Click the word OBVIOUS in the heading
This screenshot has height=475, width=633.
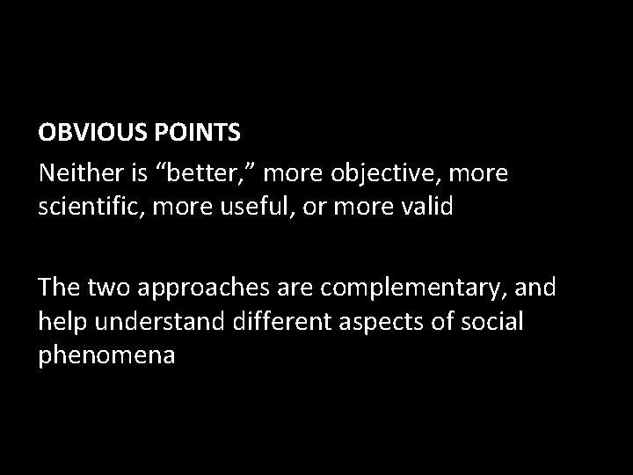[86, 133]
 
